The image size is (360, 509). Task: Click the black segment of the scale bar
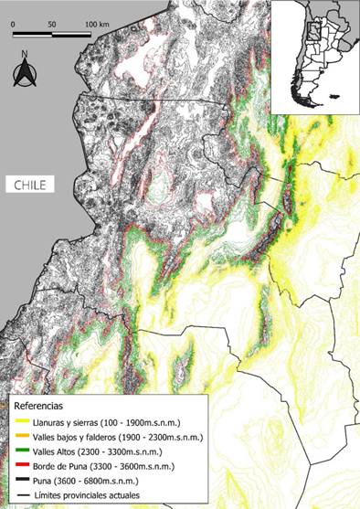pos(32,36)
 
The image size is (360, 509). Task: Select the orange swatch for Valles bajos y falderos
pos(17,438)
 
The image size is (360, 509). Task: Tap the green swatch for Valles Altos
pos(17,452)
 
